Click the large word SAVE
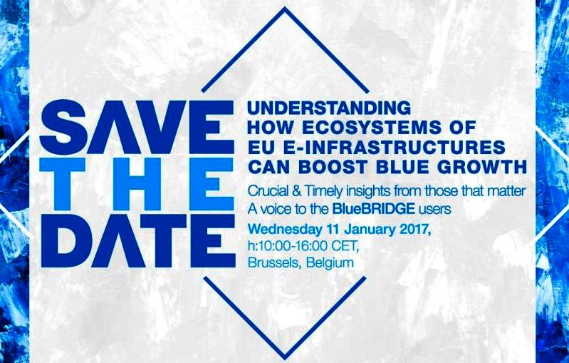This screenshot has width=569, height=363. [x=137, y=127]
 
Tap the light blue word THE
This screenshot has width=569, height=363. [x=137, y=184]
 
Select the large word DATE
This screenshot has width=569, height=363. [x=138, y=241]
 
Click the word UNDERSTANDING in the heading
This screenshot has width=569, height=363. [x=329, y=108]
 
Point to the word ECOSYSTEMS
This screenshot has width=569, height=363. [x=365, y=128]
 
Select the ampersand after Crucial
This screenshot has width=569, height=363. [x=295, y=191]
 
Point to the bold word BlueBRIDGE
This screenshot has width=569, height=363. [x=373, y=209]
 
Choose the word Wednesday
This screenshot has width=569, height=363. [x=285, y=230]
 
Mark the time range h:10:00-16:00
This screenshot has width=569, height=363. [x=288, y=245]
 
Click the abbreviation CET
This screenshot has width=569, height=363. [x=345, y=246]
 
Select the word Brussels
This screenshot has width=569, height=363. [x=274, y=262]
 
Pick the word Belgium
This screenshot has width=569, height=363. [x=330, y=263]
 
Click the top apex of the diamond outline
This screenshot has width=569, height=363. [x=285, y=8]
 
